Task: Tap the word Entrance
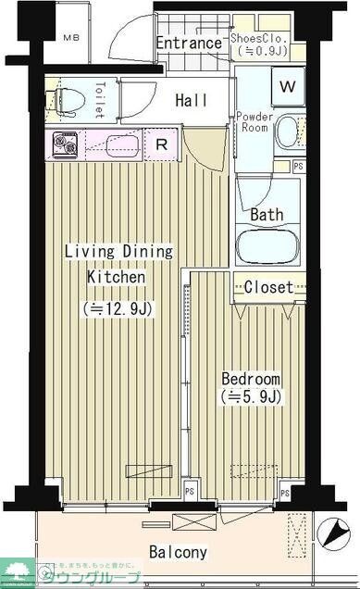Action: [x=188, y=43]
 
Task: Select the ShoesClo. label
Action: [x=262, y=39]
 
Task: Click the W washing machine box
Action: [x=288, y=88]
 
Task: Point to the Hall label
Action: [x=191, y=100]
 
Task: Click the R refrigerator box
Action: [x=160, y=144]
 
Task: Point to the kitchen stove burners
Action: [x=67, y=145]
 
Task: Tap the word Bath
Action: [x=267, y=214]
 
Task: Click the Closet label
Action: [x=268, y=287]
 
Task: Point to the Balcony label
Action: [x=179, y=552]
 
